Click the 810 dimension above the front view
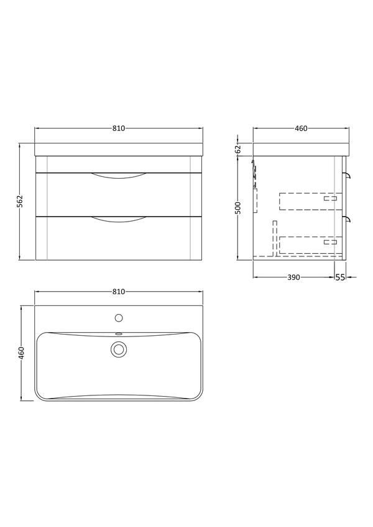[x=119, y=128]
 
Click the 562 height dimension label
[x=19, y=202]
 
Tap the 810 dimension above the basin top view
[x=119, y=292]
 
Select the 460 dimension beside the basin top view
[x=21, y=353]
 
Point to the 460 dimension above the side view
[x=301, y=128]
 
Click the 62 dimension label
[x=238, y=149]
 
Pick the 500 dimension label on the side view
[x=238, y=208]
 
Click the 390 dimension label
[x=293, y=277]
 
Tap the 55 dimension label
[x=340, y=277]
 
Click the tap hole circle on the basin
[x=119, y=318]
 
